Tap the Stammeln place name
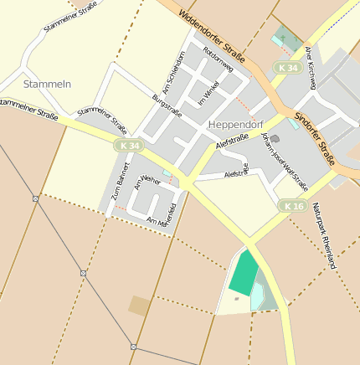(48, 84)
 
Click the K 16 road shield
(292, 206)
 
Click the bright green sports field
(244, 272)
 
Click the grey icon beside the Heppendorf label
(275, 139)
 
